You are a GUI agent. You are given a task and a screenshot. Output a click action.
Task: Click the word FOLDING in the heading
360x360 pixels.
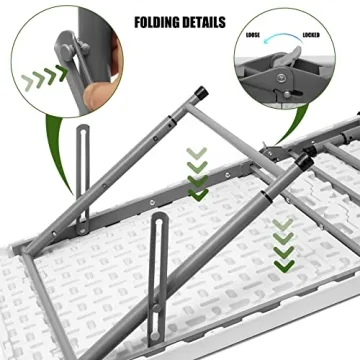156,21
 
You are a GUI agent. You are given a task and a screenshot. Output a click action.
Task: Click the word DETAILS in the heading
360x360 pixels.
204,21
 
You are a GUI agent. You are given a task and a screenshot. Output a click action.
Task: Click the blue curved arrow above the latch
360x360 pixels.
283,38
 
